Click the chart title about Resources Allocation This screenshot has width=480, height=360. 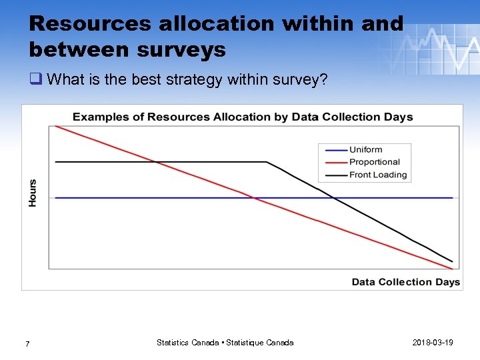[243, 117]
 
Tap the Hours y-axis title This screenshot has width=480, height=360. [33, 193]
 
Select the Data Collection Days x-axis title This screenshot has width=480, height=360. [405, 282]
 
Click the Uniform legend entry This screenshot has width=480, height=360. [365, 150]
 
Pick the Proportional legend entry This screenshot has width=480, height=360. [374, 162]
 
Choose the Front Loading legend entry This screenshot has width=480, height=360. [377, 175]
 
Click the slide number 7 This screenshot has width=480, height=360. [27, 344]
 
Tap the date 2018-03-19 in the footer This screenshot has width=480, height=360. [433, 343]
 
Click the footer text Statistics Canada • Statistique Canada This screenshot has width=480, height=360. [225, 343]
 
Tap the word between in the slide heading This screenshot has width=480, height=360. [73, 49]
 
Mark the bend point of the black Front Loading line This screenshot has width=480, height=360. [267, 162]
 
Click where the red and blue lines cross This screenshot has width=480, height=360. [254, 198]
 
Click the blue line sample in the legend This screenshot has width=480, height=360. [333, 150]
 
